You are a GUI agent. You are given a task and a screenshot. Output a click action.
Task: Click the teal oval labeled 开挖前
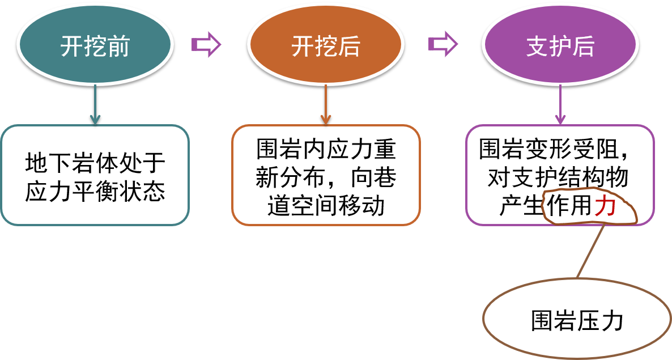(x=95, y=46)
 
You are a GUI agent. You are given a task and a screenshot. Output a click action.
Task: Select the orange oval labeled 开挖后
(x=325, y=46)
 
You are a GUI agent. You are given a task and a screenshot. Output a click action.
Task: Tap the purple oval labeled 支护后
(x=560, y=46)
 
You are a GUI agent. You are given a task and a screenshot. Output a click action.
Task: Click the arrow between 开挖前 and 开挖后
(x=205, y=44)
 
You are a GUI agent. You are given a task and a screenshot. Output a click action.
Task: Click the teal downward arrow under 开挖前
(x=95, y=105)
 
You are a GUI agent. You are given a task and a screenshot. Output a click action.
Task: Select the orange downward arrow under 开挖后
(x=325, y=105)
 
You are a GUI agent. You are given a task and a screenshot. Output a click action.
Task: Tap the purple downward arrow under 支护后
(x=560, y=105)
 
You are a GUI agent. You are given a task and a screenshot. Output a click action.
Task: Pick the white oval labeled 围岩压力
(x=577, y=321)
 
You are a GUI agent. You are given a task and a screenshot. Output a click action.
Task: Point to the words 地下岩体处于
(x=95, y=163)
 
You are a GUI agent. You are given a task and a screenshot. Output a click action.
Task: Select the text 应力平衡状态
(x=95, y=192)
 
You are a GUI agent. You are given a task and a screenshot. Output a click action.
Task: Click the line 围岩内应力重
(x=326, y=150)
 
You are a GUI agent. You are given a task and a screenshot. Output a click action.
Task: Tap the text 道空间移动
(x=326, y=205)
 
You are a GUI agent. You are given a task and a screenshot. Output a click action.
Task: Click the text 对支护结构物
(x=558, y=178)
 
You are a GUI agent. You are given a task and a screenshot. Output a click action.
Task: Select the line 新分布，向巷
(x=326, y=178)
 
